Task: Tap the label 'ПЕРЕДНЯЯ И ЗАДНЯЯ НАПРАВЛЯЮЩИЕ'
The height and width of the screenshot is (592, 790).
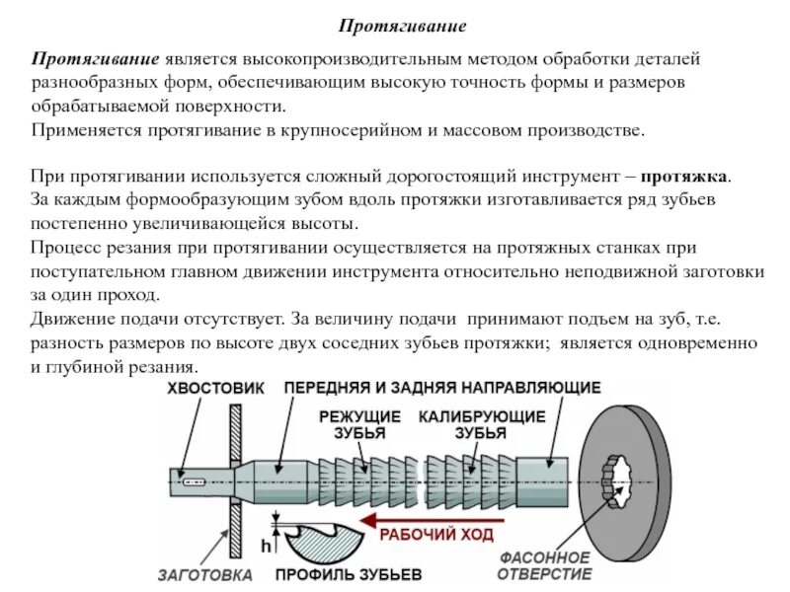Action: (x=443, y=388)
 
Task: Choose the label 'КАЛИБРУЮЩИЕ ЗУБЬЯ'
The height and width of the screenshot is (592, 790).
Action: (x=481, y=424)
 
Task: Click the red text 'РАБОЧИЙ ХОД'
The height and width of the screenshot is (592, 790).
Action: (x=431, y=535)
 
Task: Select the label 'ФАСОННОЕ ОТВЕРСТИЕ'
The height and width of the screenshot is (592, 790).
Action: (x=544, y=565)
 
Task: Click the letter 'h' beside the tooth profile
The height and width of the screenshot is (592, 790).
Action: (x=266, y=545)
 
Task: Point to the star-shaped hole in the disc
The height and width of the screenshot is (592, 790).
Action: (x=626, y=480)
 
